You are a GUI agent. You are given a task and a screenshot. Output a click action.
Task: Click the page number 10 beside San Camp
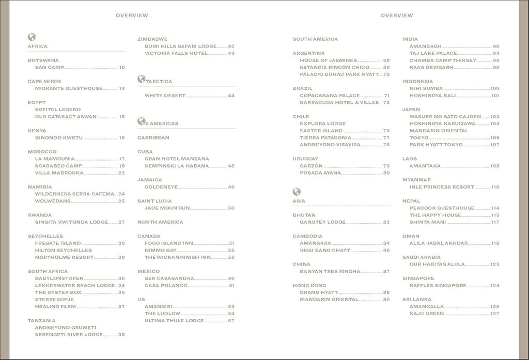122,68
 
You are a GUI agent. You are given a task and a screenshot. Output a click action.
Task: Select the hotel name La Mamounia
55,159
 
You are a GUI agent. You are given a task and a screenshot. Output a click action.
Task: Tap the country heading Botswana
43,60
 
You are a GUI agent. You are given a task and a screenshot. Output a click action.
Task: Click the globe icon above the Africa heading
32,37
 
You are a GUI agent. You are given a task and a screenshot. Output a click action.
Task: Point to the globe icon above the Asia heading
297,192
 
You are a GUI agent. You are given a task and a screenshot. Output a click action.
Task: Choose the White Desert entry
165,96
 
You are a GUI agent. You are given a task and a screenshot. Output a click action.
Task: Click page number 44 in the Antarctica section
231,96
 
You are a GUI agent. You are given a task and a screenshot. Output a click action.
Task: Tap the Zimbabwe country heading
152,39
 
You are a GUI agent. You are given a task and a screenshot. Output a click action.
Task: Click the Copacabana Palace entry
330,96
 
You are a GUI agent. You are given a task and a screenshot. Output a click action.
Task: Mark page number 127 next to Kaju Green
495,314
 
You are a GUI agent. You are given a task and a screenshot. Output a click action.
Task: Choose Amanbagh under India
426,46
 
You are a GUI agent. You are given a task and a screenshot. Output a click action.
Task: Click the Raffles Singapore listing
438,286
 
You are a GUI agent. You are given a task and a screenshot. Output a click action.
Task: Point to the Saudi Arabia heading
422,257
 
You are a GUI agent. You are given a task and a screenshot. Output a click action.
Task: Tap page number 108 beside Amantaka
495,166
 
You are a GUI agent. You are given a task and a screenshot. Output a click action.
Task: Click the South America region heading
315,39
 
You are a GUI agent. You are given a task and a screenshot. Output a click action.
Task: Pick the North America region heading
160,222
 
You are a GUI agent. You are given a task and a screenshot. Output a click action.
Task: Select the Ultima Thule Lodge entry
174,321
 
